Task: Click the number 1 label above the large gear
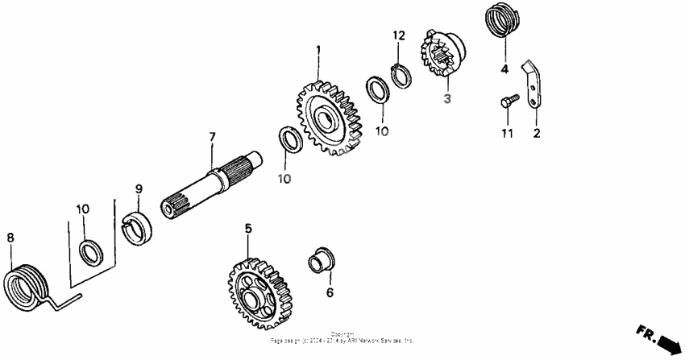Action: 318,50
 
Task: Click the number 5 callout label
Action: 248,229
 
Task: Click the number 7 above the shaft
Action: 212,137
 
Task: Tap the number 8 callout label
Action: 10,238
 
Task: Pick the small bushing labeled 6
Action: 322,261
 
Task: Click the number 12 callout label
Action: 398,35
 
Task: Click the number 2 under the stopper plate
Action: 536,133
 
